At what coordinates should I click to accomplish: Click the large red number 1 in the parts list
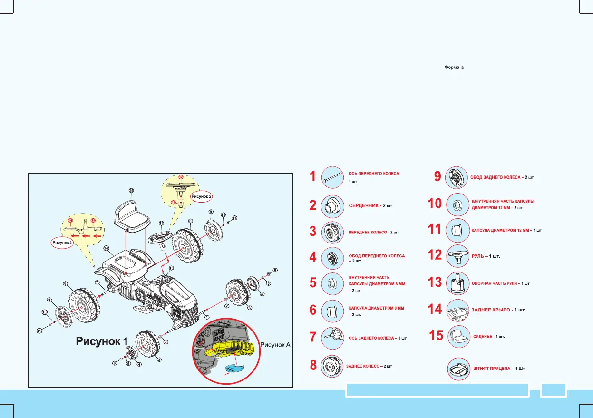312,176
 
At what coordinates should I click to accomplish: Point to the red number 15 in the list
436,336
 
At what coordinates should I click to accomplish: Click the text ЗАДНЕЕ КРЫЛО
490,310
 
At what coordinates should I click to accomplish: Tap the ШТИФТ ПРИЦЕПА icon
459,369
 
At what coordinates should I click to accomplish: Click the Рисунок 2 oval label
202,196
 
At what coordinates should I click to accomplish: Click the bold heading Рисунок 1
102,341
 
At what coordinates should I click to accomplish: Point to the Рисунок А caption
275,345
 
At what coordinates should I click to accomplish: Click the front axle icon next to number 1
332,177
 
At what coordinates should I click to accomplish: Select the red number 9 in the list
437,177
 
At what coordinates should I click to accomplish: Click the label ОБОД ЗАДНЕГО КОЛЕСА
495,178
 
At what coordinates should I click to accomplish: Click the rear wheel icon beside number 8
332,366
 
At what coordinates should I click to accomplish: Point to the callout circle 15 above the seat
131,191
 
